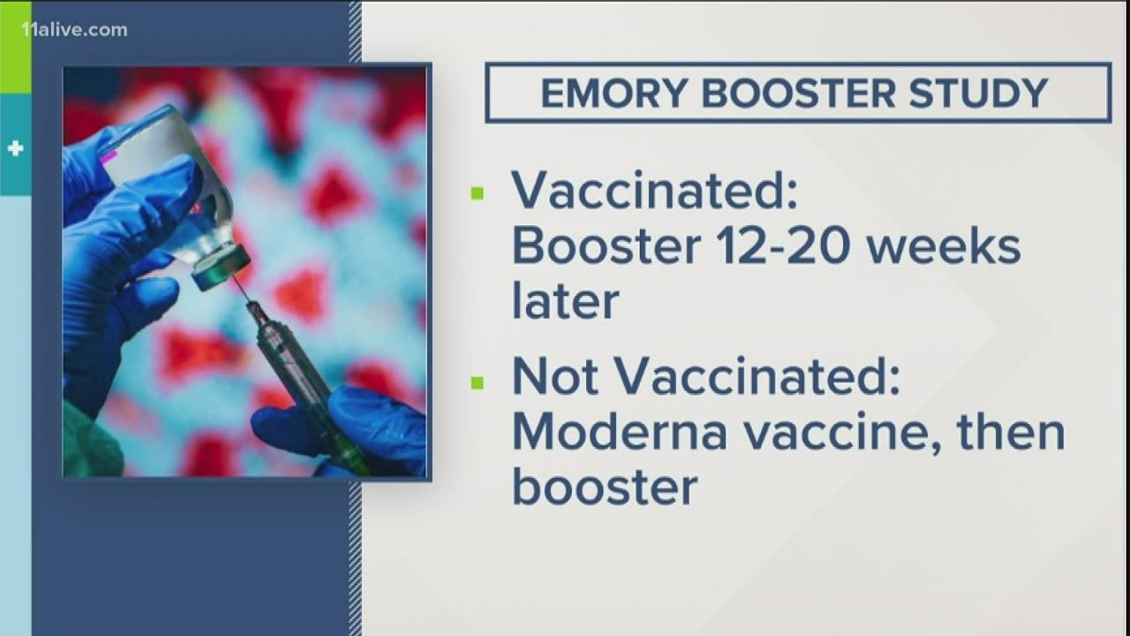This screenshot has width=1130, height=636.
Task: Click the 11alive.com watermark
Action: click(74, 30)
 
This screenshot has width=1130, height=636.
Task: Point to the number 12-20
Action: click(779, 246)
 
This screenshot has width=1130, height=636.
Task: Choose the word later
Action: click(565, 301)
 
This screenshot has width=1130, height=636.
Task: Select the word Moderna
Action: click(623, 433)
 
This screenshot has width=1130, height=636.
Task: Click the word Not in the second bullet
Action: click(556, 378)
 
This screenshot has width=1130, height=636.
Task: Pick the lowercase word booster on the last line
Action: click(605, 488)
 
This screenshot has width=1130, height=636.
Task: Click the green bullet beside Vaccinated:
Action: click(478, 193)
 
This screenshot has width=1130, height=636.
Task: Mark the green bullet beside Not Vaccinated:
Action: click(478, 382)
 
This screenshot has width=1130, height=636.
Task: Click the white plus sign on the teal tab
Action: click(15, 148)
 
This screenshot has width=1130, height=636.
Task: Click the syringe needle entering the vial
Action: click(240, 284)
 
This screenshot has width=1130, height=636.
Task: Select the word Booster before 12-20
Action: click(605, 246)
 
